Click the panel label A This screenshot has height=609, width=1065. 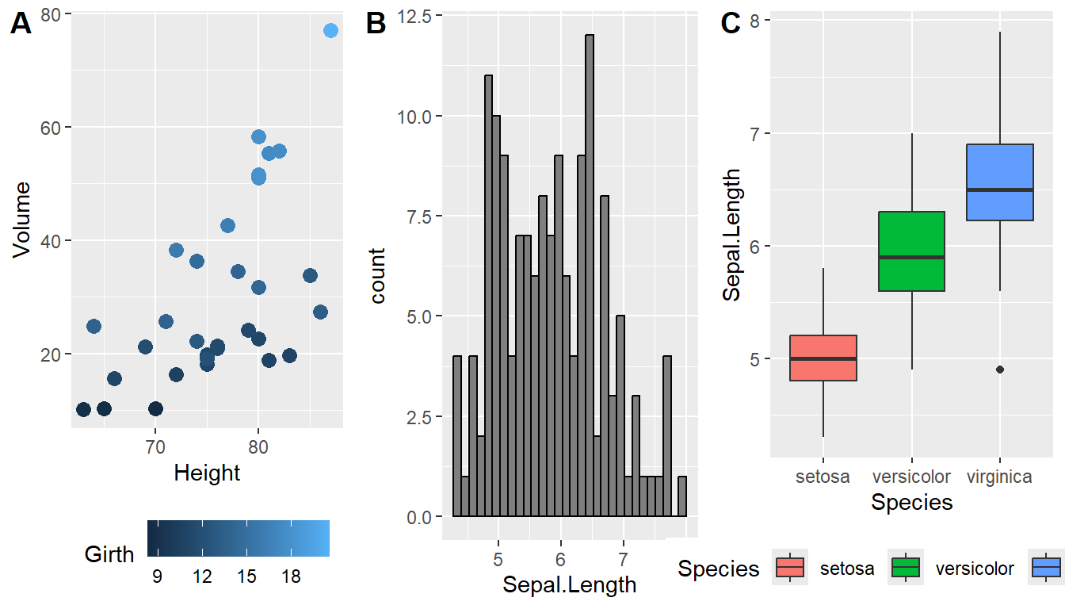21,25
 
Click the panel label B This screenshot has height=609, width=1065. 376,25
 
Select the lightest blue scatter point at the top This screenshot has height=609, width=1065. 330,30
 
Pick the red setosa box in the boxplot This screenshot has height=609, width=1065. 824,358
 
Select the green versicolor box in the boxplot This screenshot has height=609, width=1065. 912,251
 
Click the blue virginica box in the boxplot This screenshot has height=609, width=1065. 1000,182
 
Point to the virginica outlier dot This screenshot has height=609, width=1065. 1000,370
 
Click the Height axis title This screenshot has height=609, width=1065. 207,473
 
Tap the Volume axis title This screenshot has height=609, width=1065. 22,219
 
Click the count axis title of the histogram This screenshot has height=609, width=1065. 377,276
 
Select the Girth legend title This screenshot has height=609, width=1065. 109,554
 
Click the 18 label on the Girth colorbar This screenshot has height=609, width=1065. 292,576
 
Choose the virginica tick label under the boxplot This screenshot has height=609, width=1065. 1000,477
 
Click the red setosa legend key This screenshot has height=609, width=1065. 790,568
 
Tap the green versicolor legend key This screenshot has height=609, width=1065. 906,568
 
